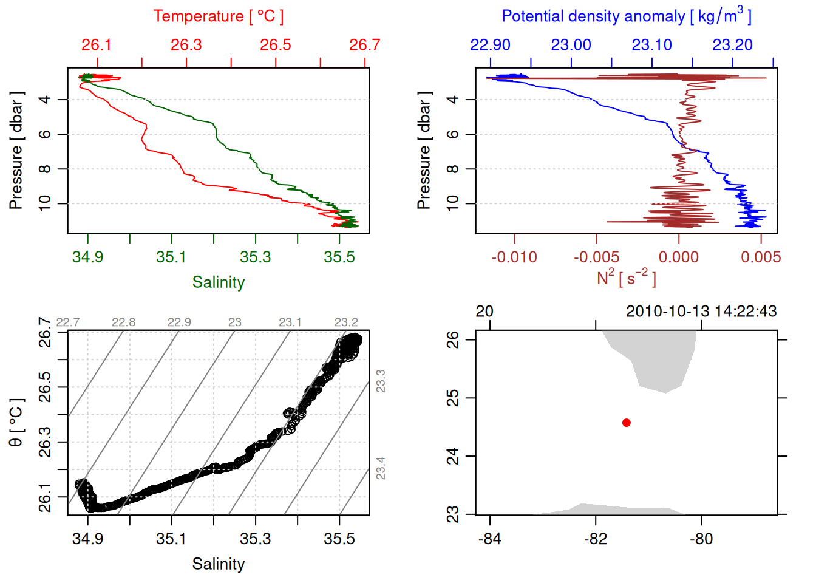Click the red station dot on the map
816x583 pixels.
tap(627, 423)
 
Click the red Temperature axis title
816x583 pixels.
tap(218, 16)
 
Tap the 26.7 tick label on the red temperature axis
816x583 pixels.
tap(364, 45)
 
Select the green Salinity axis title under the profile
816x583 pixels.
tap(218, 282)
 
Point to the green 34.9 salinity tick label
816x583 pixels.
tap(87, 257)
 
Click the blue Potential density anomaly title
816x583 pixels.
tap(626, 16)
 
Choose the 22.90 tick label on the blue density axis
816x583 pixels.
tap(490, 45)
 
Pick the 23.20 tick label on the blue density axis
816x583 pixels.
tap(732, 45)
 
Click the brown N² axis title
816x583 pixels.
tap(626, 278)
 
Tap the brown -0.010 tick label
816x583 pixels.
tap(514, 257)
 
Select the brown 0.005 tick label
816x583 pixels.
tap(761, 257)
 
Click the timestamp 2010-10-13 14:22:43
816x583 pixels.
tap(701, 312)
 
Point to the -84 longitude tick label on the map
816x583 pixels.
tap(489, 539)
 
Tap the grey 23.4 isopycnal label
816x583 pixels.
tap(381, 468)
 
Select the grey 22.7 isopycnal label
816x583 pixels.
tap(67, 322)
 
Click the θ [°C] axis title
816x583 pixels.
tap(16, 423)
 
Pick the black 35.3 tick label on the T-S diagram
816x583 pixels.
tap(255, 539)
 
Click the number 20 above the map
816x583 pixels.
tap(484, 312)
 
